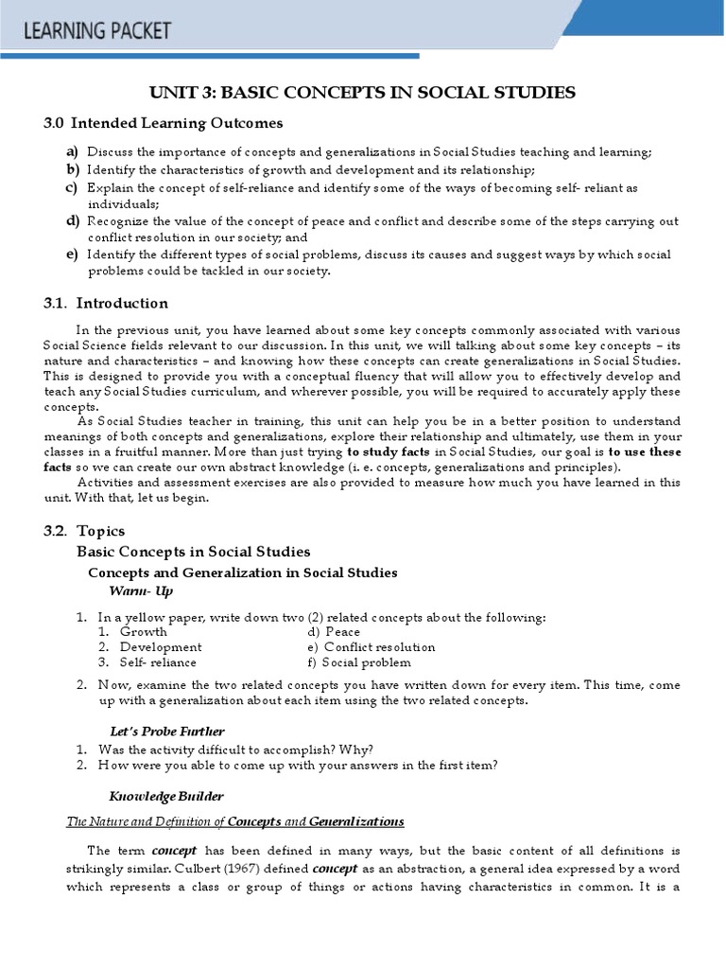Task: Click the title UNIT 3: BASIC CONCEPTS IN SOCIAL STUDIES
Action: point(363,92)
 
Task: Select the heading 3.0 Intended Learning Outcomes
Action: point(164,123)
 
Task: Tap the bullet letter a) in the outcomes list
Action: point(72,152)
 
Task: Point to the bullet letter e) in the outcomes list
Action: point(72,255)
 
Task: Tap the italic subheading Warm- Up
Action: point(141,591)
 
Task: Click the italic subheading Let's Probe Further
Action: point(167,731)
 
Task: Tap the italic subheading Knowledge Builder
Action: point(165,795)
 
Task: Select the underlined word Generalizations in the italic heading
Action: point(356,820)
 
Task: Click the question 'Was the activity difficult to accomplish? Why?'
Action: point(235,749)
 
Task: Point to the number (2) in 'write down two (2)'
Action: point(316,617)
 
